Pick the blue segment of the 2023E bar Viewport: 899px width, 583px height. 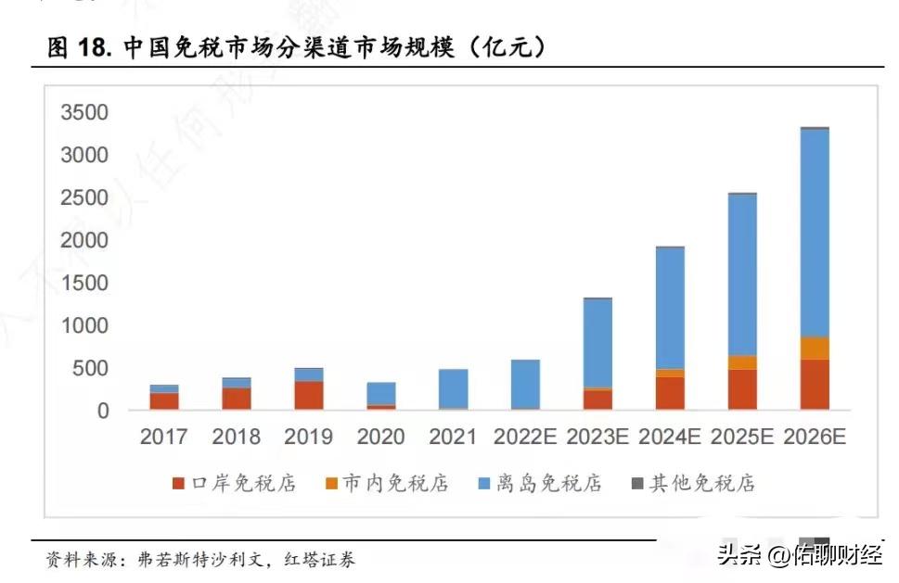(x=597, y=343)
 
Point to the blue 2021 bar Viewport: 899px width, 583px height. (x=453, y=388)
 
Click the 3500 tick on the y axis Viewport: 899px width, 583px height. (x=84, y=113)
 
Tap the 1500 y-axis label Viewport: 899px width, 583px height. (x=84, y=284)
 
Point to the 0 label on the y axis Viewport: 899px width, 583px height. (x=103, y=411)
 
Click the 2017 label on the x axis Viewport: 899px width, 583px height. (x=163, y=437)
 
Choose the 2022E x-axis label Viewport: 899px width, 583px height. (x=525, y=437)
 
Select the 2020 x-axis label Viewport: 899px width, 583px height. (x=380, y=437)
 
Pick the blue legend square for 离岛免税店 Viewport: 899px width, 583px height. (x=483, y=484)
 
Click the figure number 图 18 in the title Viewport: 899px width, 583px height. (x=79, y=48)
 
